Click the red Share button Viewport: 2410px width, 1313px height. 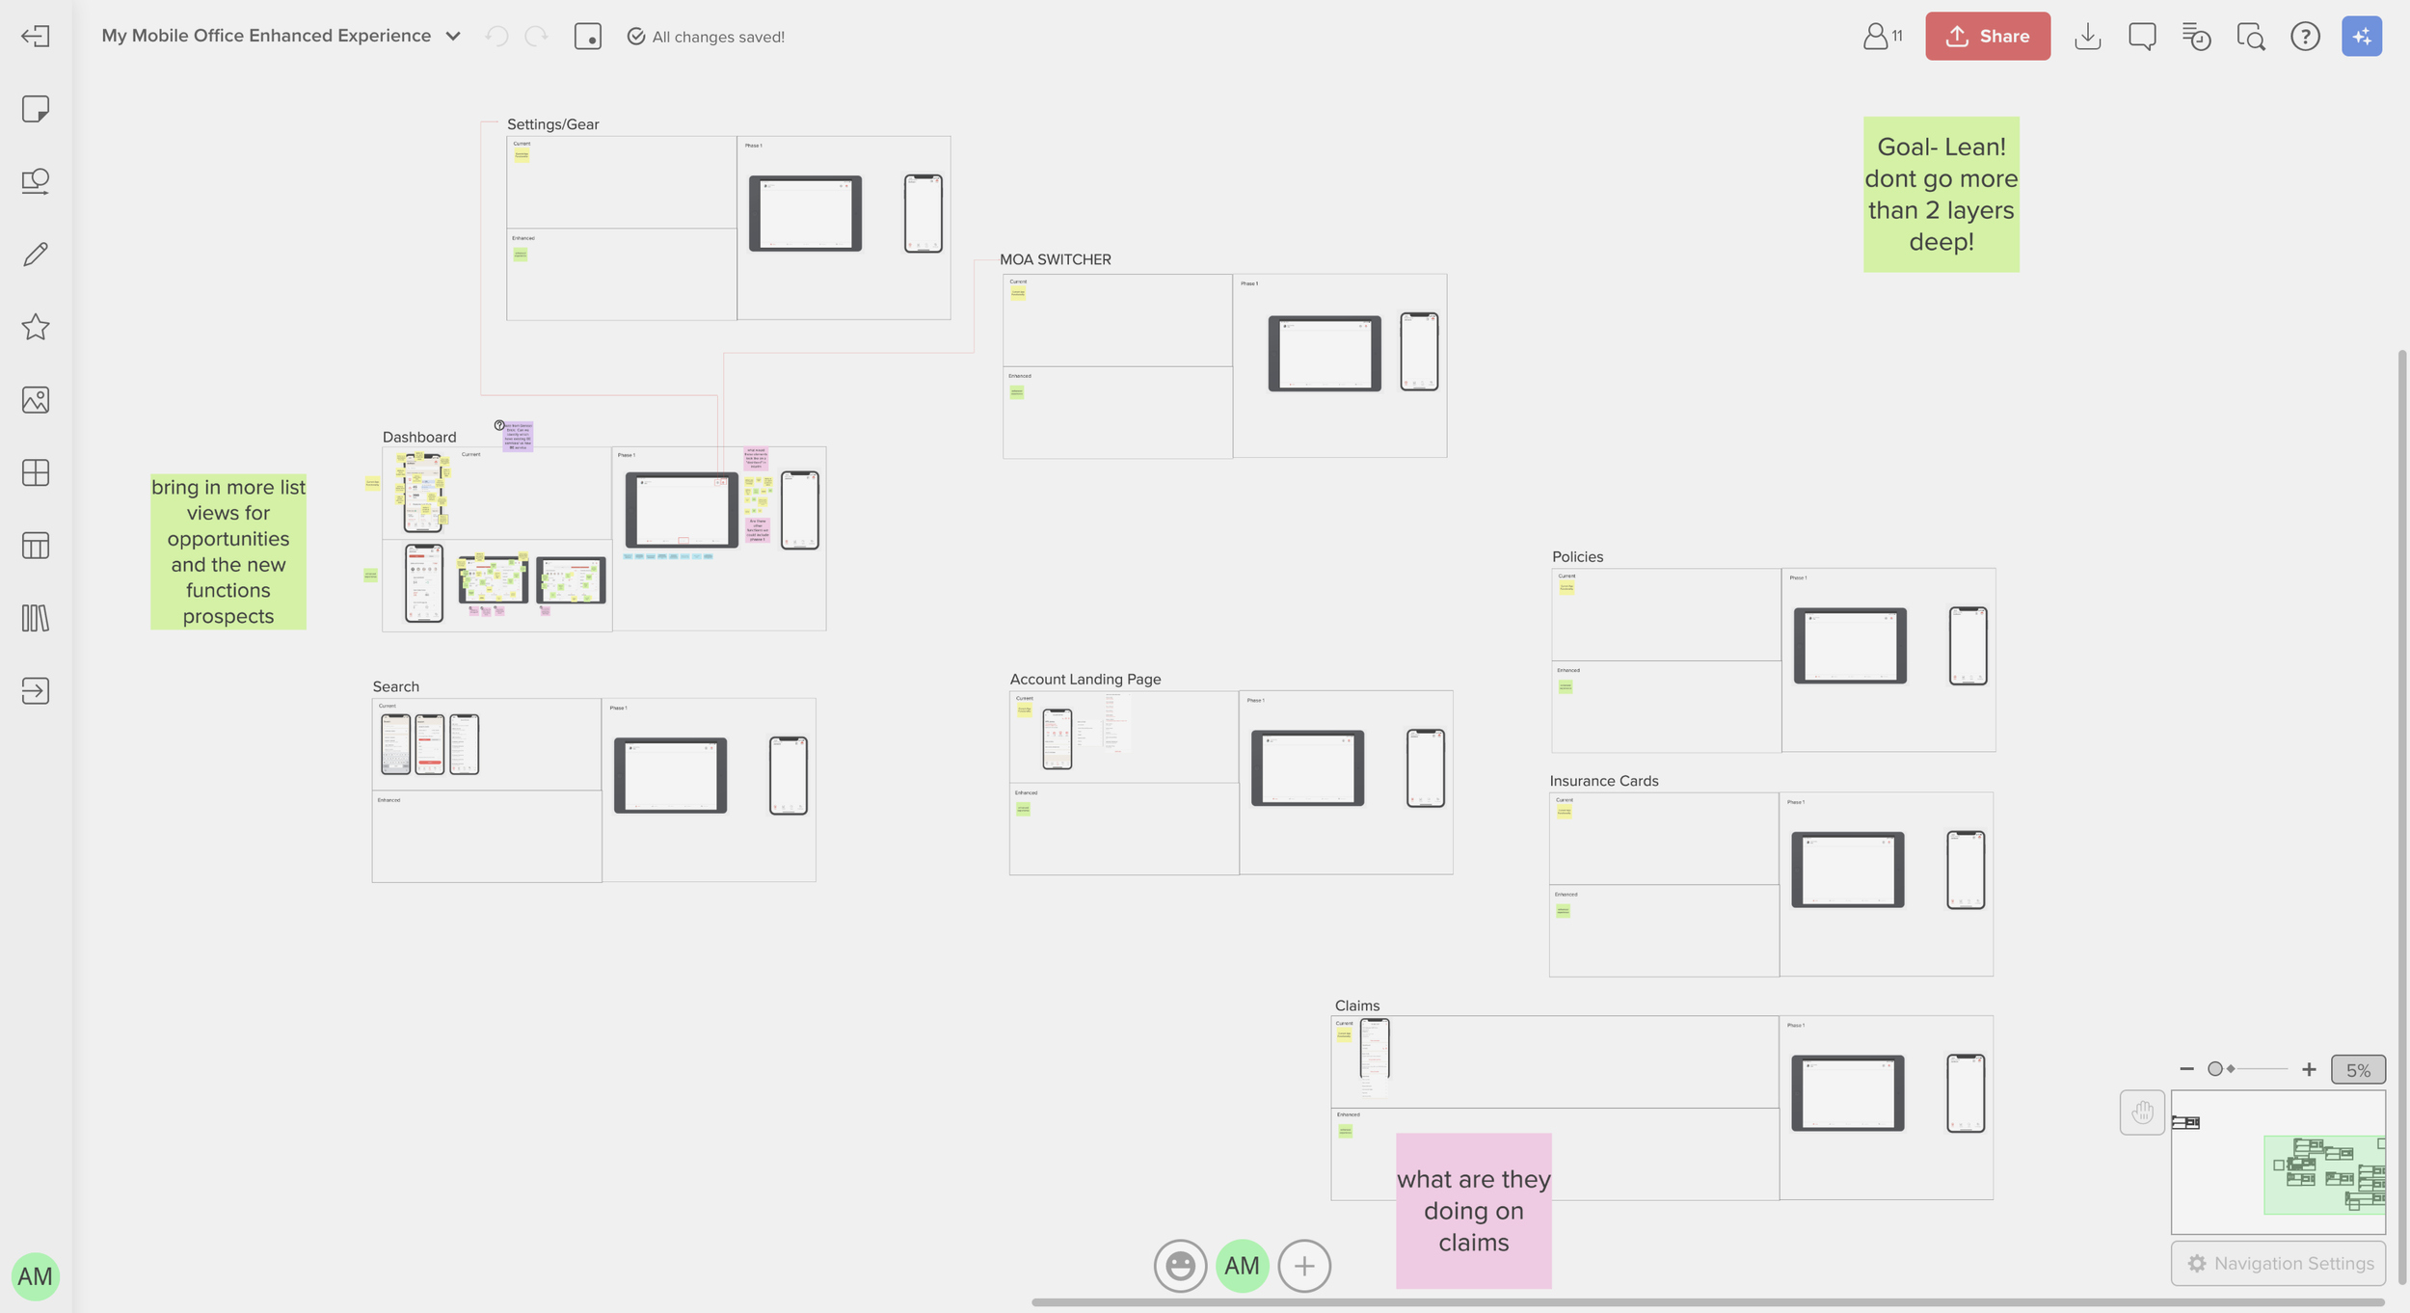click(1987, 37)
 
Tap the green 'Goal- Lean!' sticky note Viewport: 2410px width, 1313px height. click(1941, 194)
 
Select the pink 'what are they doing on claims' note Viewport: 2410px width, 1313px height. click(1473, 1210)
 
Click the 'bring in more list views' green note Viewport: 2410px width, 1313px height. click(228, 551)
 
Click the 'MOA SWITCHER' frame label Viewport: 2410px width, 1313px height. click(1055, 259)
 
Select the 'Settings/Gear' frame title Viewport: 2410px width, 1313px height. click(552, 124)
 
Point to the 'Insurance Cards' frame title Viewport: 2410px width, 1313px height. click(1603, 781)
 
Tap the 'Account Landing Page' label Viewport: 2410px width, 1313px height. click(1084, 679)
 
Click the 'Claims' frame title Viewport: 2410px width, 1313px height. click(1356, 1005)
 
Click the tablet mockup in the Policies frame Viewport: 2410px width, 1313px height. click(1849, 646)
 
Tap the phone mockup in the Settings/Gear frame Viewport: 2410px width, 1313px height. click(923, 213)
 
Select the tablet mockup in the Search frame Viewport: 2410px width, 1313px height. click(670, 776)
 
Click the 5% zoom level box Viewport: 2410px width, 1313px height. click(2357, 1070)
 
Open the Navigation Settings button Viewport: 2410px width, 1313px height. click(2279, 1263)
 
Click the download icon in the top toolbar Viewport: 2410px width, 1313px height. click(2087, 37)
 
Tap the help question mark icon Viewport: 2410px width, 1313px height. click(2304, 37)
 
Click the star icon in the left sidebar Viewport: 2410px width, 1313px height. click(36, 327)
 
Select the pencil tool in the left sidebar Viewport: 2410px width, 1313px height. click(36, 255)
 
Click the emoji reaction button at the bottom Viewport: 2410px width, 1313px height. click(1180, 1266)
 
